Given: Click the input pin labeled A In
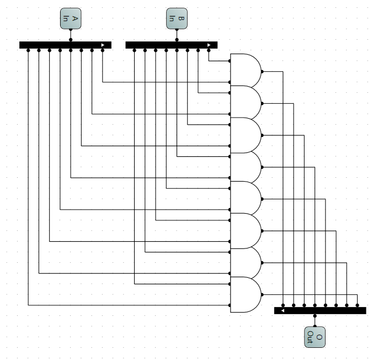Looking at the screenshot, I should [71, 20].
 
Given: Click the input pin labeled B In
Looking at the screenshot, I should [177, 20].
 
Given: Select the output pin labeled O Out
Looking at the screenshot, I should [315, 336].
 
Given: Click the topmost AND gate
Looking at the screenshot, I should [245, 71].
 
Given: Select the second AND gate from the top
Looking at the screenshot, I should [245, 102].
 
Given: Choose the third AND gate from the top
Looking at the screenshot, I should [245, 134].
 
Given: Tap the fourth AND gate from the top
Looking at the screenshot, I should [245, 166].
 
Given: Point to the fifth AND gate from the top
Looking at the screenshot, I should [245, 198].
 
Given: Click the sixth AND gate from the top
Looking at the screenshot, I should [245, 230].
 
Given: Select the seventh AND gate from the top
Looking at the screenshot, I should [245, 262].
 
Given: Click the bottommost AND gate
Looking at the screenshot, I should [245, 294].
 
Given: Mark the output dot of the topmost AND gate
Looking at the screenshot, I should [262, 71].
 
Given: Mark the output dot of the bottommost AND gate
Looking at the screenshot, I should [262, 294].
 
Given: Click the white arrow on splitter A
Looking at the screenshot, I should [103, 45].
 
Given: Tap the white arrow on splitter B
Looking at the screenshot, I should [209, 45].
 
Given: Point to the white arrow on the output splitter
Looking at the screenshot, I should [283, 311].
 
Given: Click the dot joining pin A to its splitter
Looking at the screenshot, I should [71, 39].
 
